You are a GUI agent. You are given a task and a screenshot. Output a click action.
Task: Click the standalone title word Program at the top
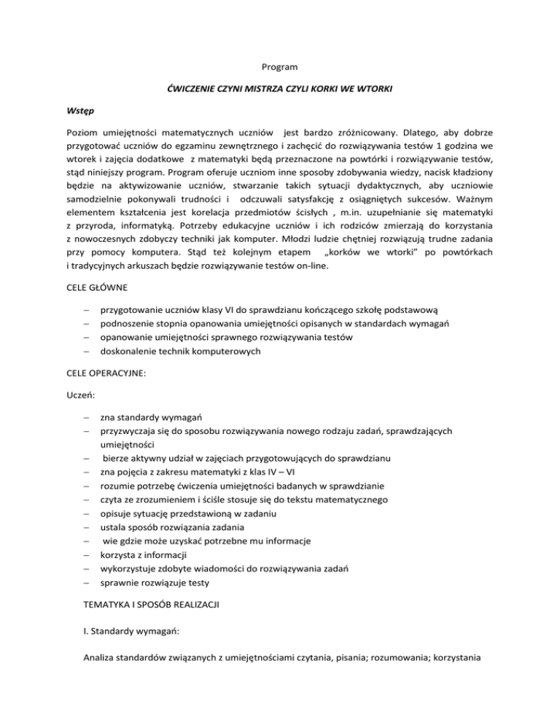click(x=280, y=68)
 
